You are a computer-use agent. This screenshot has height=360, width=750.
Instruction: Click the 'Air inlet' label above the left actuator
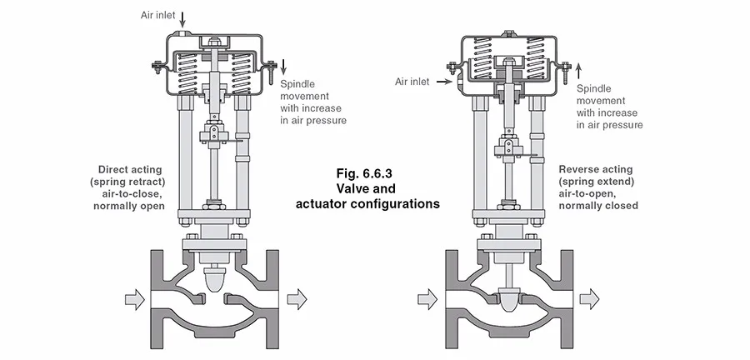coord(157,15)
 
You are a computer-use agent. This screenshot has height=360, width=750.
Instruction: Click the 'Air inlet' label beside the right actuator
coord(412,82)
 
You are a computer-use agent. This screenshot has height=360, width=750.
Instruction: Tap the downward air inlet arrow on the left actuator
coord(182,20)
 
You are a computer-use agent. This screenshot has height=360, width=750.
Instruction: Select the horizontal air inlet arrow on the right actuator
coord(444,82)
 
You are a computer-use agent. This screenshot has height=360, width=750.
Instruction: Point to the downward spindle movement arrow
coord(283,67)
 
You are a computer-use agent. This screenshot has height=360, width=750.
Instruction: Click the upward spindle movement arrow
coord(579,72)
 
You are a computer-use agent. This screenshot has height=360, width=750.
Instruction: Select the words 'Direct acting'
coord(130,169)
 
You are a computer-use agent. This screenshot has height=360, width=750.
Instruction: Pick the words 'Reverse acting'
coord(596,169)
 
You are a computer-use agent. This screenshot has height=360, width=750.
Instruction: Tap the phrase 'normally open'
coord(129,206)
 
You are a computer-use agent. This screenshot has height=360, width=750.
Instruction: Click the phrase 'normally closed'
coord(598,206)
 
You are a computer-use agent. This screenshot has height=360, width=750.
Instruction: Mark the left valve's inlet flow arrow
coord(134,299)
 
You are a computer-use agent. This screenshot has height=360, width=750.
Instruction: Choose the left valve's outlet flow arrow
coord(297,299)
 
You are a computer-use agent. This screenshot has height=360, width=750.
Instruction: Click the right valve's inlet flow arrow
coord(427,299)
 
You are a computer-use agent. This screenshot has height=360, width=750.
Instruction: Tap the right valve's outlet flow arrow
coord(589,299)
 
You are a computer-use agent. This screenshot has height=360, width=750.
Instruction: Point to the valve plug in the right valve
coord(509,300)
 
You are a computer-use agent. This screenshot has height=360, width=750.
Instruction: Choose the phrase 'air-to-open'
coord(587,193)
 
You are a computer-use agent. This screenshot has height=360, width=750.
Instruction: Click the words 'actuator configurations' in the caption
coord(367,203)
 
